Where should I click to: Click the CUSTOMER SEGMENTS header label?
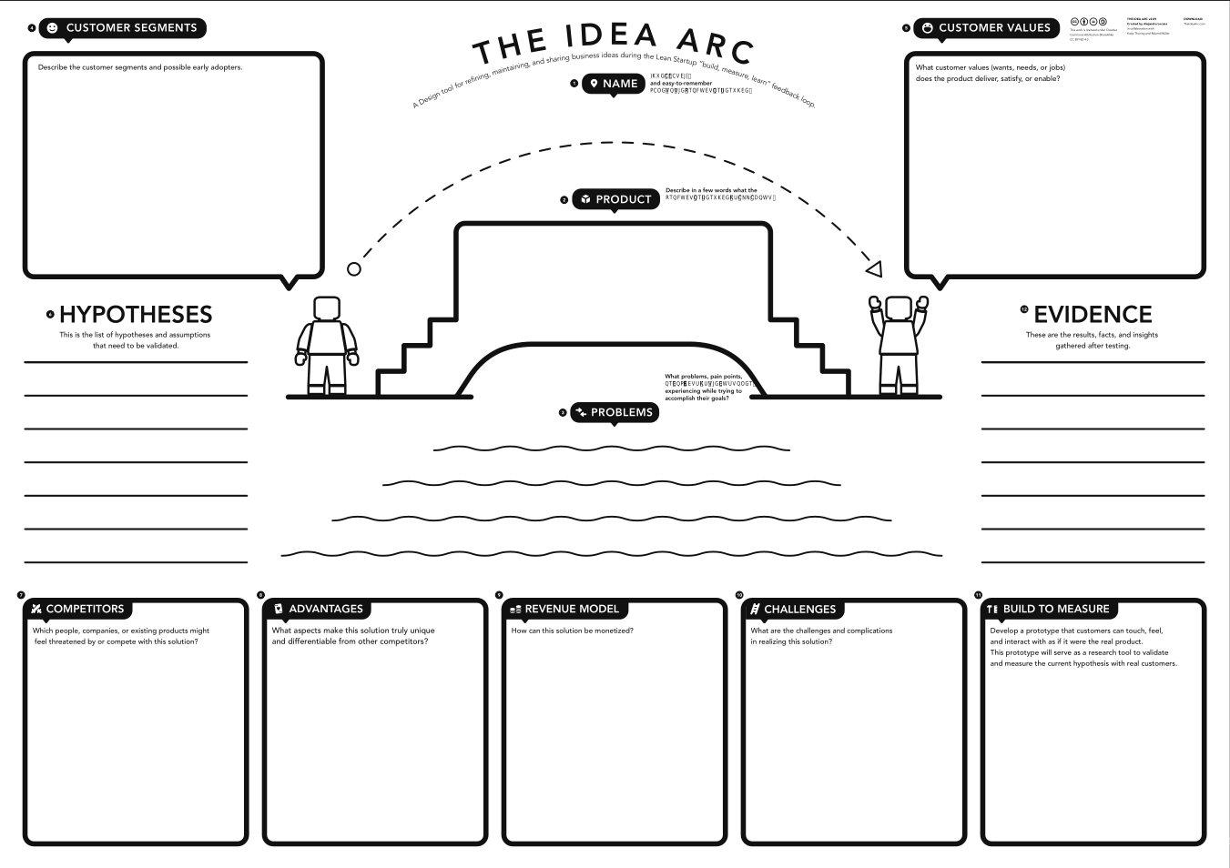131,28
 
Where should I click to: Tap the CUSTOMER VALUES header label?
994,28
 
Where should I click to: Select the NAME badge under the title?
614,84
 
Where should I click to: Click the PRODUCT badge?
615,199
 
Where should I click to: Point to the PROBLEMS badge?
615,412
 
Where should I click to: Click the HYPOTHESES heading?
136,315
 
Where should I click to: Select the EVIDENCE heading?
1093,315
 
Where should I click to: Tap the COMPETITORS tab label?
85,609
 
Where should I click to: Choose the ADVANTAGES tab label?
325,609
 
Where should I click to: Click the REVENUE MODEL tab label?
571,609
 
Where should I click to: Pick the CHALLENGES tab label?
799,609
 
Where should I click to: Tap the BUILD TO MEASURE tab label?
1056,609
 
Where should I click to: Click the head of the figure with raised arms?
899,308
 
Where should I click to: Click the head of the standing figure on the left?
327,308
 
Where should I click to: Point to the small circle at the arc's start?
354,268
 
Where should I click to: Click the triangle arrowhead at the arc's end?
874,268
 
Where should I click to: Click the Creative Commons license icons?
1089,21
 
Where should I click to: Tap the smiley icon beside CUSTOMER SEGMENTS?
52,28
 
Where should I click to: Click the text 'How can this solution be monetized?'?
572,631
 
